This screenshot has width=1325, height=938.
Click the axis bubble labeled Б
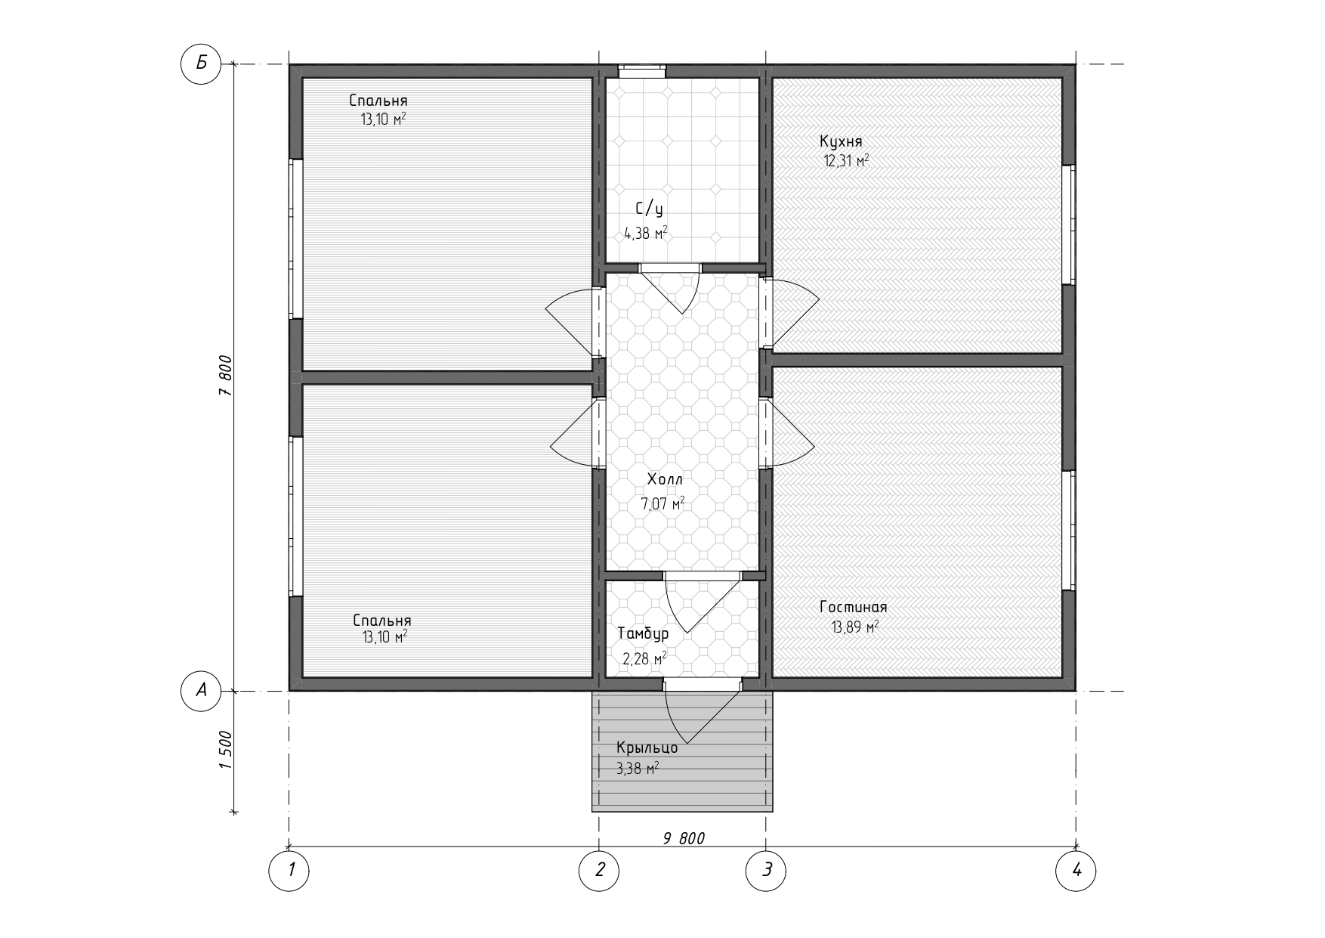point(201,64)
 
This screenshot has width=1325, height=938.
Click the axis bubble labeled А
point(201,691)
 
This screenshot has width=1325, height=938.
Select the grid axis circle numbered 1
point(289,870)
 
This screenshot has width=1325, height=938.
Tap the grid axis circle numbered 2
point(599,870)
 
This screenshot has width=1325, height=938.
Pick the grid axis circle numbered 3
point(766,870)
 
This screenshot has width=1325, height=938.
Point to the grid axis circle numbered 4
point(1076,870)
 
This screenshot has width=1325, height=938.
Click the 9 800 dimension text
point(684,838)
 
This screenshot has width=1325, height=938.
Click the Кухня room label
point(841,141)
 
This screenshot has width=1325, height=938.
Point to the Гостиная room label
point(854,607)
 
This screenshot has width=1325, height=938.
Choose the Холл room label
point(665,479)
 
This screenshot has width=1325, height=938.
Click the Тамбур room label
point(643,634)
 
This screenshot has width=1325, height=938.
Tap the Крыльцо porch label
point(647,748)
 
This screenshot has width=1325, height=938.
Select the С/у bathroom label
point(650,209)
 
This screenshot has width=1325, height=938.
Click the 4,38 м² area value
point(646,234)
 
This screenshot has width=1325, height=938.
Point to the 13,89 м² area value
point(855,627)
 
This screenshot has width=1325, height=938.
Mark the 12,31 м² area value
point(846,160)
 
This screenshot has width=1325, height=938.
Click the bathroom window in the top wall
point(642,71)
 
